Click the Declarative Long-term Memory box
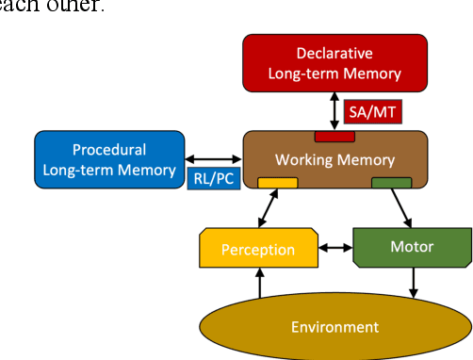click(334, 62)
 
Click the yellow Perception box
click(257, 250)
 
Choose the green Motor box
click(411, 247)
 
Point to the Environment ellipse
click(334, 326)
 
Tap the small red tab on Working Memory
click(334, 137)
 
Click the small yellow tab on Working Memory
click(278, 182)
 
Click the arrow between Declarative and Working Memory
click(334, 110)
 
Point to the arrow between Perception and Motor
click(337, 249)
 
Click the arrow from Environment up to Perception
click(259, 284)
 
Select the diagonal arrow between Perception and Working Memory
click(269, 208)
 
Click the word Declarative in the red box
click(334, 53)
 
